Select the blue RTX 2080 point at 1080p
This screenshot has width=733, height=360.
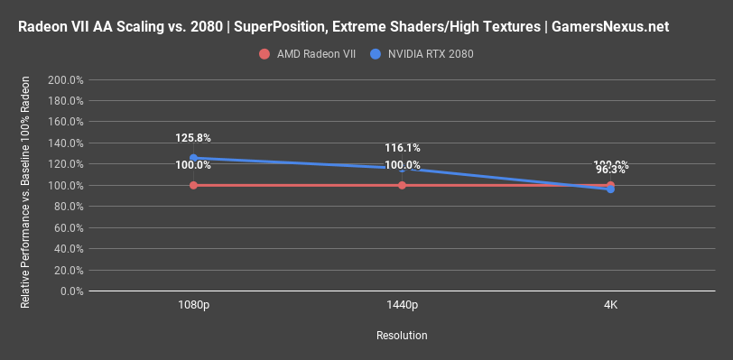coord(193,158)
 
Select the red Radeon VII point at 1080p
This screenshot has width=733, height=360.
coord(193,185)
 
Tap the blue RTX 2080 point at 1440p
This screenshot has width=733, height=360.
coord(402,168)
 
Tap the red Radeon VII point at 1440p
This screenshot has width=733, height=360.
coord(402,185)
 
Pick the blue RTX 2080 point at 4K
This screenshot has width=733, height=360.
coord(611,189)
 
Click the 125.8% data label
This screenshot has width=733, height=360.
coord(193,138)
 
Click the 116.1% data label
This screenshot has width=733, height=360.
coord(402,148)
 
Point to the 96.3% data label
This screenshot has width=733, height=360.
coord(611,170)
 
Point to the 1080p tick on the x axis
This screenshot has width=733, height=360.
coord(193,306)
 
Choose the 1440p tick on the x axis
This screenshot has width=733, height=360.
coord(402,306)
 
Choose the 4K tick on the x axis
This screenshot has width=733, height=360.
coord(611,306)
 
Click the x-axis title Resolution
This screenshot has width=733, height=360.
coord(402,335)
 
